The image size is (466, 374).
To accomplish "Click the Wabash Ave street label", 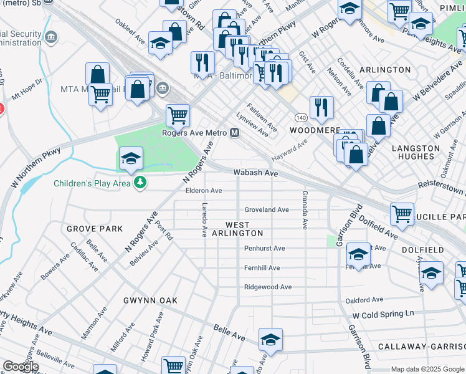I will tap(255, 173).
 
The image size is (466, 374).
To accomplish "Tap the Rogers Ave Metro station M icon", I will tap(235, 133).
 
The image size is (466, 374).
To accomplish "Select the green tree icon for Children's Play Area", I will tap(141, 183).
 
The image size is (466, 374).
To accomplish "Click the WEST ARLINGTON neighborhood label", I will tap(237, 229).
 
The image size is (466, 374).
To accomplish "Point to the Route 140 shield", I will tap(300, 117).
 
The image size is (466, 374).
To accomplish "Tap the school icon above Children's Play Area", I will tap(131, 158).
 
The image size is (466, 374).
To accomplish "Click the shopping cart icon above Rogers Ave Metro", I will tap(178, 115).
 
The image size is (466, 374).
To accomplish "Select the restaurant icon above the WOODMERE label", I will tap(321, 107).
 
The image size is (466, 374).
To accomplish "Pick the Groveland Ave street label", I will tap(267, 210).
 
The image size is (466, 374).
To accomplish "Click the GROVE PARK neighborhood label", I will tap(95, 229).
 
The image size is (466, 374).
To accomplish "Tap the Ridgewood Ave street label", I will tap(268, 287).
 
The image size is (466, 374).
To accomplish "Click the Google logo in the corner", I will tap(21, 367).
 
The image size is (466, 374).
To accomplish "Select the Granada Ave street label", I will tap(305, 211).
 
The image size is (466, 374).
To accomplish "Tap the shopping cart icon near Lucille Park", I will tap(402, 214).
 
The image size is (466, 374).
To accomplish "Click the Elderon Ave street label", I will tap(204, 191).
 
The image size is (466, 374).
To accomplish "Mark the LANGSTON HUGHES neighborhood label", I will tap(416, 154).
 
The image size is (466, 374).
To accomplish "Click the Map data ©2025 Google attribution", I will tap(427, 369).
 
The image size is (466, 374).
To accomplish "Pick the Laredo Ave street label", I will tap(204, 219).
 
